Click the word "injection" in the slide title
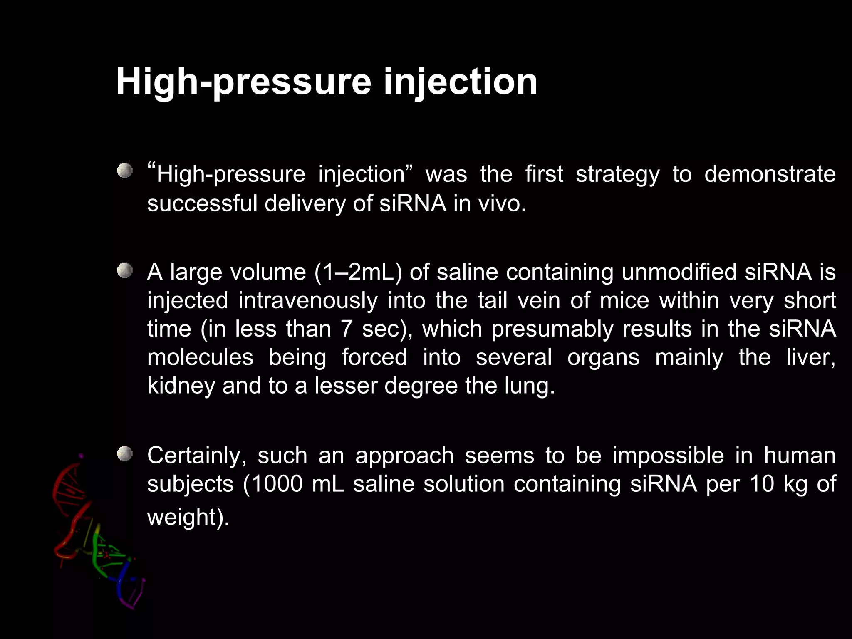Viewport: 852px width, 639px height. click(x=460, y=82)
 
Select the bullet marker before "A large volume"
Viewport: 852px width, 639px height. click(x=124, y=271)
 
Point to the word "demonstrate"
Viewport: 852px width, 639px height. click(x=770, y=174)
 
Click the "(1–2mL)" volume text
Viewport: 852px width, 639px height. click(x=358, y=272)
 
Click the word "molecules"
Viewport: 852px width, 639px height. click(x=200, y=357)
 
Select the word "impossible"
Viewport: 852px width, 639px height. click(x=668, y=456)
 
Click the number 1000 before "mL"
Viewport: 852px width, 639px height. click(x=277, y=484)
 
